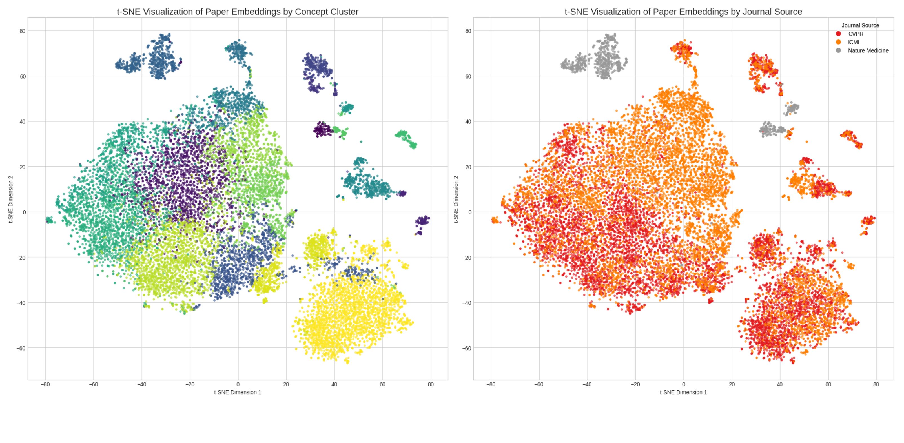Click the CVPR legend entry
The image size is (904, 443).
point(856,34)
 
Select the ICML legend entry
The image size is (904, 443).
point(854,42)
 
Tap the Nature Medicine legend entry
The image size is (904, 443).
point(868,50)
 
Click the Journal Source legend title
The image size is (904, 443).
point(860,25)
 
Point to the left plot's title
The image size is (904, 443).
point(238,12)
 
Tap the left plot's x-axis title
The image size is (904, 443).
point(238,392)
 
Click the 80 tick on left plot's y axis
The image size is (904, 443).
point(23,31)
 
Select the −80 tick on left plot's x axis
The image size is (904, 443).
point(45,384)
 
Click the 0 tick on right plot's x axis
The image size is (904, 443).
point(683,384)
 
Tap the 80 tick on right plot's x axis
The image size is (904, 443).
point(876,384)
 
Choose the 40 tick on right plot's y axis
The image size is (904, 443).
point(468,121)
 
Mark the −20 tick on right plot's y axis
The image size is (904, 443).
point(467,257)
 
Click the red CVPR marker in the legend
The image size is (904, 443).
point(838,34)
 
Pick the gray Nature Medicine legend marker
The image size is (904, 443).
point(838,50)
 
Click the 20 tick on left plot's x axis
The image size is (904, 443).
point(286,384)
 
